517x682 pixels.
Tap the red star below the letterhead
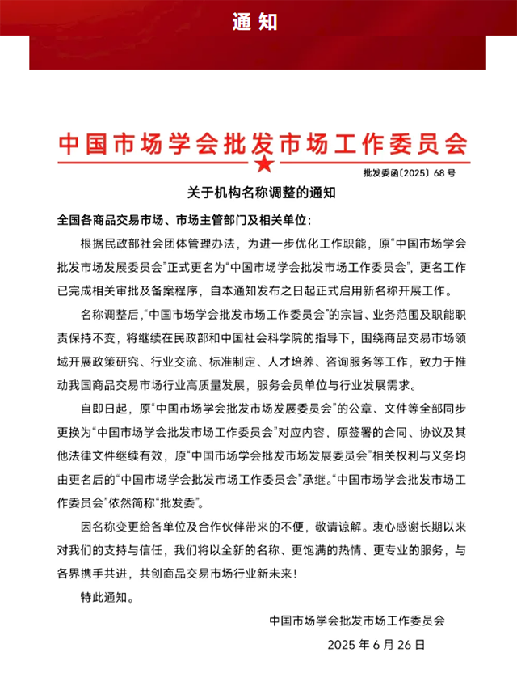[x=263, y=165]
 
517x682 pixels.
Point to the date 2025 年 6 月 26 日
[x=376, y=646]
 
